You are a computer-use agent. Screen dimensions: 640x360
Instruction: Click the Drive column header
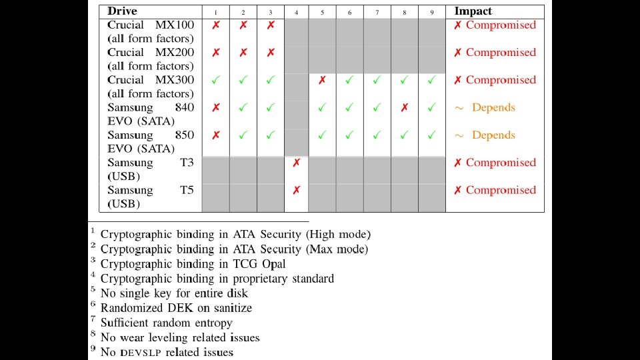click(122, 11)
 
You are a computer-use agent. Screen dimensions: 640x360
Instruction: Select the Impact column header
click(473, 11)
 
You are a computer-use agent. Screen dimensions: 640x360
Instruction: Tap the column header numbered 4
click(297, 13)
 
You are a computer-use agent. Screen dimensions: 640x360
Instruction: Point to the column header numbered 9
click(432, 13)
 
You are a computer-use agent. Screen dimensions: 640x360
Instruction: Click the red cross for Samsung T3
click(297, 163)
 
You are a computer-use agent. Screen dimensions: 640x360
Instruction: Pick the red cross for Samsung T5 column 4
click(297, 190)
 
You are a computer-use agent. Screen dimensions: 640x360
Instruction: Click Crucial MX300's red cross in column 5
click(323, 80)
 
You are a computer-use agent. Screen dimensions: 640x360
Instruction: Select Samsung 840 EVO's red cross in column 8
click(405, 107)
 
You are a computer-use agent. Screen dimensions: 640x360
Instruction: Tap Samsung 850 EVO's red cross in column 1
click(216, 135)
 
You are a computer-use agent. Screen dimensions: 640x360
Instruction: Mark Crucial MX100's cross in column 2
click(243, 25)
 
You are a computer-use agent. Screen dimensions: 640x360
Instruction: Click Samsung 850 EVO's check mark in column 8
click(405, 135)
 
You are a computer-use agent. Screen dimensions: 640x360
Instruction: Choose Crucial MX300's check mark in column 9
click(432, 80)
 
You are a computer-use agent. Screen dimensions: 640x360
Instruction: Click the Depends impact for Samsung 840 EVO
click(493, 107)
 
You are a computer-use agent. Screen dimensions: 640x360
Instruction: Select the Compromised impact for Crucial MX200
click(501, 53)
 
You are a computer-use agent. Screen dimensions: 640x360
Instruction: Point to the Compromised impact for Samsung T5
click(501, 190)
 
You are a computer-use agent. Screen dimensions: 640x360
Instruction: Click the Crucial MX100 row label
click(151, 32)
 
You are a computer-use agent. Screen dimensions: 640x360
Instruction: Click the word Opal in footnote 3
click(273, 264)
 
